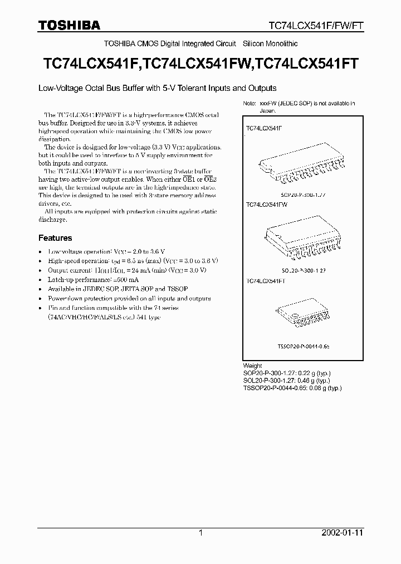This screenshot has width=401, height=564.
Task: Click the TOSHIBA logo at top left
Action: (x=69, y=25)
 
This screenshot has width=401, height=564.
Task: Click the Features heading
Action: (x=55, y=238)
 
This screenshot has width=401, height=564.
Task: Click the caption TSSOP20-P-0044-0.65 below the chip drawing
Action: (x=304, y=346)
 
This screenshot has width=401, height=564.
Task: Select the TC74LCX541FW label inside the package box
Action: (x=266, y=205)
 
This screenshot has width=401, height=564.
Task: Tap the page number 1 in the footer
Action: (x=201, y=533)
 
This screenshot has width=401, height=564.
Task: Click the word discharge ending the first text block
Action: (x=52, y=220)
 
